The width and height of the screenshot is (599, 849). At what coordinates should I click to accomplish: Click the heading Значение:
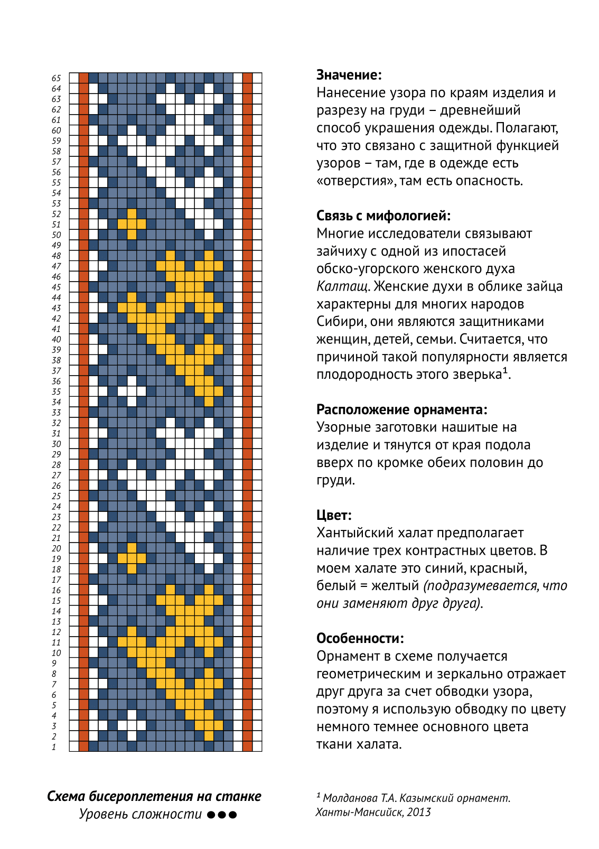click(x=349, y=75)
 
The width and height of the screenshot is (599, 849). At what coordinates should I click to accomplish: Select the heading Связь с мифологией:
click(x=383, y=216)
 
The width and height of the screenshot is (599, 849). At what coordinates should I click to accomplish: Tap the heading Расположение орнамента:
click(x=401, y=409)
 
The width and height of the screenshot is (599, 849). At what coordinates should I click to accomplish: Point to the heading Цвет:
click(x=334, y=515)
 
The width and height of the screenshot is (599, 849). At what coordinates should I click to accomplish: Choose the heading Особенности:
click(x=360, y=638)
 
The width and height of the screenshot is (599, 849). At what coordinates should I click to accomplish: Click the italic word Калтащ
click(x=342, y=286)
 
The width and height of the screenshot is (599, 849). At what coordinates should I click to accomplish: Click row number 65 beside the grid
click(x=56, y=78)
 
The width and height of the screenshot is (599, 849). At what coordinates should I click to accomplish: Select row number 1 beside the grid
click(x=54, y=747)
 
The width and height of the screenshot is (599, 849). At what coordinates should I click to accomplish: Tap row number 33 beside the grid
click(x=56, y=413)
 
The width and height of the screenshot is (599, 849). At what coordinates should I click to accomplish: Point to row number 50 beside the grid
click(x=56, y=235)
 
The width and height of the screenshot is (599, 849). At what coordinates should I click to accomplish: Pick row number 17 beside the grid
click(x=56, y=580)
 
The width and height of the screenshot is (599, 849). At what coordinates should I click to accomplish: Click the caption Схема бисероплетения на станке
click(x=154, y=796)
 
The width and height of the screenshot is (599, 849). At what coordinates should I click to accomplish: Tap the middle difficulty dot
click(x=222, y=815)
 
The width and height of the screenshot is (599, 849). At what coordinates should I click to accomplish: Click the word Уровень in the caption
click(x=103, y=814)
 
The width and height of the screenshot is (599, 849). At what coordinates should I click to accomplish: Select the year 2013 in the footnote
click(x=418, y=812)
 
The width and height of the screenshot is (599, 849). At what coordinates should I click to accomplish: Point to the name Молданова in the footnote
click(x=350, y=798)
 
